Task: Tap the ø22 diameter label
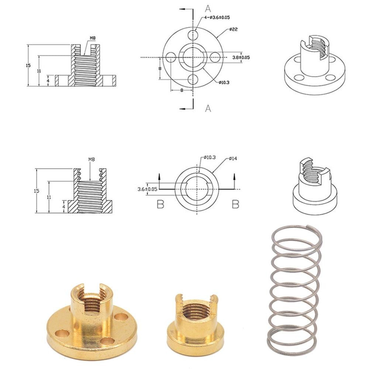point(232,29)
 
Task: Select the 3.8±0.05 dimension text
point(241,57)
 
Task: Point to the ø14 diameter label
point(232,159)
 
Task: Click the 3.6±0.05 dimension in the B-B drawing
point(147,189)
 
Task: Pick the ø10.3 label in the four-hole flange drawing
point(224,82)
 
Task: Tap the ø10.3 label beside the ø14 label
point(209,158)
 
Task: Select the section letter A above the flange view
point(208,7)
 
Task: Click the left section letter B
point(160,204)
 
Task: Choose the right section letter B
point(235,204)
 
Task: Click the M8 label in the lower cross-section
point(92,159)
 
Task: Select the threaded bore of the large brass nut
point(91,299)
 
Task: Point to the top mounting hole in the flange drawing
point(192,35)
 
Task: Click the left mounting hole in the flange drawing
point(170,58)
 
